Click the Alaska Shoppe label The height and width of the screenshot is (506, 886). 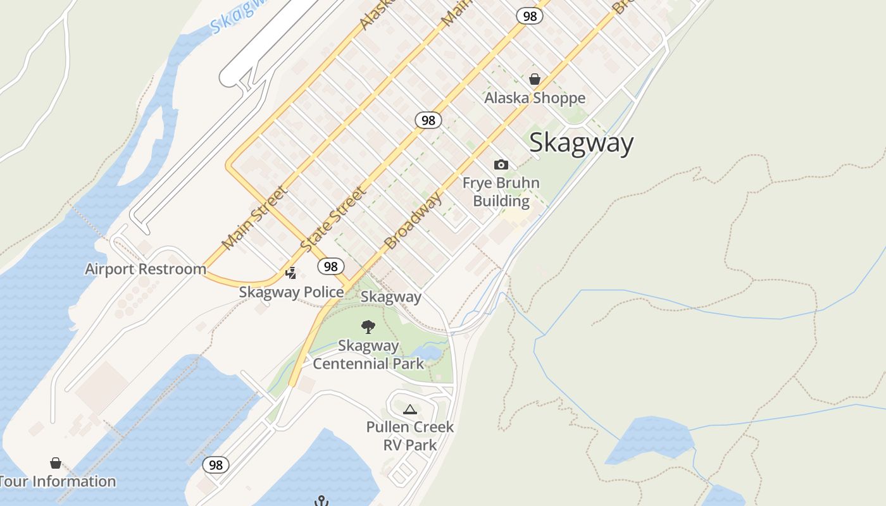click(535, 98)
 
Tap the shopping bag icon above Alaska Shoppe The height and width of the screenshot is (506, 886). click(535, 79)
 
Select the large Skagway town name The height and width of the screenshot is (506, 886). click(581, 143)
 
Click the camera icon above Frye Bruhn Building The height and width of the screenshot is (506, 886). click(501, 164)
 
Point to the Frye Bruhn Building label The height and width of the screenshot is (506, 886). click(501, 192)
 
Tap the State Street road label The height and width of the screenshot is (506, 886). click(333, 219)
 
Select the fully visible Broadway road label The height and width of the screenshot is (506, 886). click(413, 221)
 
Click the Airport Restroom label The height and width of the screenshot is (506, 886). click(146, 269)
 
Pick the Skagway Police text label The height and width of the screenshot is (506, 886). click(292, 292)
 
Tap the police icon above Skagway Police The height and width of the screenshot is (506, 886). click(291, 273)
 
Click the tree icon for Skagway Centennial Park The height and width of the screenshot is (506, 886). click(368, 327)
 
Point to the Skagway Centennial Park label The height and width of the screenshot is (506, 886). click(368, 355)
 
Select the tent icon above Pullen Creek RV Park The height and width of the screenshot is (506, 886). click(410, 409)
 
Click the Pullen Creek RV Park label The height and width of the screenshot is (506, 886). click(410, 436)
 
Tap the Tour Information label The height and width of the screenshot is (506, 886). click(58, 481)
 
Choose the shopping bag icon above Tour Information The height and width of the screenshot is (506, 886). click(56, 464)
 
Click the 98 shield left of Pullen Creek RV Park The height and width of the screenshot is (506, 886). click(216, 465)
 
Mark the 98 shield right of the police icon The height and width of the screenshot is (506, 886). click(330, 266)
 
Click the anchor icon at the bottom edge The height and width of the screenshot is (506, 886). click(322, 502)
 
